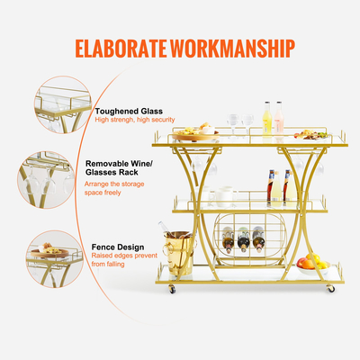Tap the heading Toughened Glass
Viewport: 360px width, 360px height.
click(x=124, y=110)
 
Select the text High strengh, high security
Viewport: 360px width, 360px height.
click(x=134, y=120)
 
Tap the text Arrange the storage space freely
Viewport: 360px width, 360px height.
click(x=127, y=186)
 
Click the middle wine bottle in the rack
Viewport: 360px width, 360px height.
click(x=245, y=238)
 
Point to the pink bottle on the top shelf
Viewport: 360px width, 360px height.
click(x=278, y=123)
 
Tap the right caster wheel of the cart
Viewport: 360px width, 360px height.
click(x=330, y=288)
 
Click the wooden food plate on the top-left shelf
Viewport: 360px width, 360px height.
click(x=195, y=135)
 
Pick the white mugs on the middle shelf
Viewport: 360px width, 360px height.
click(x=221, y=196)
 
